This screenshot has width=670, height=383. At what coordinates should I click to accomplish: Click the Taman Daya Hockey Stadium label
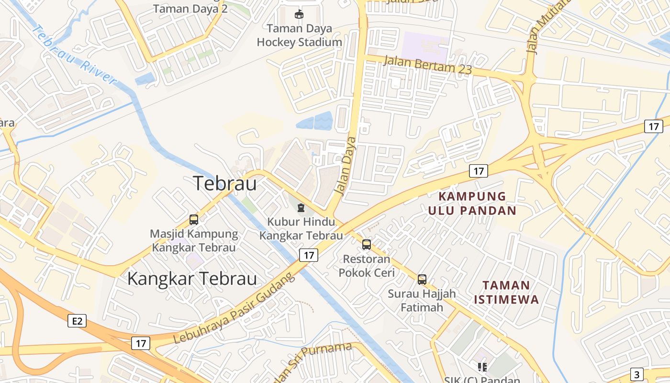[299, 35]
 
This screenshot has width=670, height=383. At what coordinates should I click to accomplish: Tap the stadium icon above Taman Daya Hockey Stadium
[299, 14]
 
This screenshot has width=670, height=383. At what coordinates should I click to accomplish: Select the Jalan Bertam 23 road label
[428, 65]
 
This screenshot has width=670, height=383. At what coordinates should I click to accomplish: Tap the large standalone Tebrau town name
[224, 183]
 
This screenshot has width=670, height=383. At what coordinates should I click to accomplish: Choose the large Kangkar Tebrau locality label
[192, 279]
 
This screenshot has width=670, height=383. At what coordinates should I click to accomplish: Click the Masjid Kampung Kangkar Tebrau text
[194, 241]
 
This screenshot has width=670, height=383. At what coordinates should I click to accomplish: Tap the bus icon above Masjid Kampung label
[194, 220]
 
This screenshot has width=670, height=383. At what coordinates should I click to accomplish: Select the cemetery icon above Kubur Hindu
[301, 208]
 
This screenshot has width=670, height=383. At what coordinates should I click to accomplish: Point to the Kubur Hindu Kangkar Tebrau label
[301, 229]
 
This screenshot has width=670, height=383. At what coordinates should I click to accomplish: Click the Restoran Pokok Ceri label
[367, 266]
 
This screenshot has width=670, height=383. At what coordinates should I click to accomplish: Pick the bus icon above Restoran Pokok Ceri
[367, 245]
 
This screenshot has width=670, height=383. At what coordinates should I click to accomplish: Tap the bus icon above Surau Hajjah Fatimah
[422, 280]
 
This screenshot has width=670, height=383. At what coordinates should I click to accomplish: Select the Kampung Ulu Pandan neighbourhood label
[472, 203]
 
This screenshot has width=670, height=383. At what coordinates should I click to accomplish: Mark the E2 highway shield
[77, 321]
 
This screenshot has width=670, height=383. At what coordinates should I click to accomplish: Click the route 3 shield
[636, 374]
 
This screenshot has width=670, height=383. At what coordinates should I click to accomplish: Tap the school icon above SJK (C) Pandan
[482, 367]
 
